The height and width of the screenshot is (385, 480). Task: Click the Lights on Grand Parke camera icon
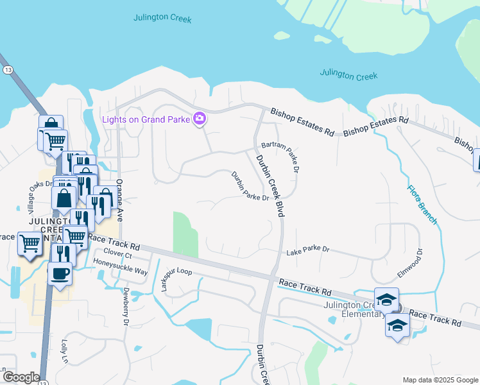[200, 118]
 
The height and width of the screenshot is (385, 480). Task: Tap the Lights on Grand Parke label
[147, 119]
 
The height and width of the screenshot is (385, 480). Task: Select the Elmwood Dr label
[411, 263]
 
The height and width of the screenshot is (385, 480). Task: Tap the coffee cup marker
[60, 274]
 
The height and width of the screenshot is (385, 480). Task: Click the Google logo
[21, 377]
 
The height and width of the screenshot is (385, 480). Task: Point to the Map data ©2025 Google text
[440, 380]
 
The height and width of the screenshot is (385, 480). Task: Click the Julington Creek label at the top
[162, 18]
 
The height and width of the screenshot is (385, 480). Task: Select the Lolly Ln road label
[64, 352]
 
